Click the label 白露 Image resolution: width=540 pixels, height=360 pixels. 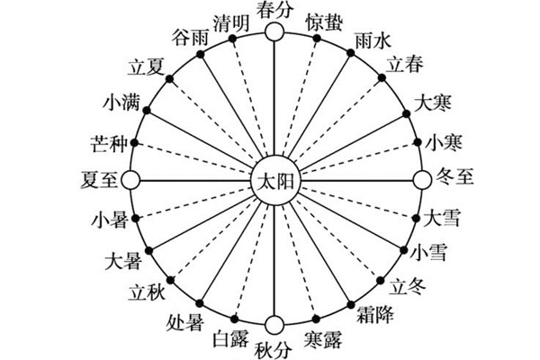pyautogui.click(x=232, y=338)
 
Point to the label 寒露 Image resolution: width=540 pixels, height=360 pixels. pyautogui.click(x=324, y=340)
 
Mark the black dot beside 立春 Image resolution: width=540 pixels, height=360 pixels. pyautogui.click(x=382, y=78)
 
